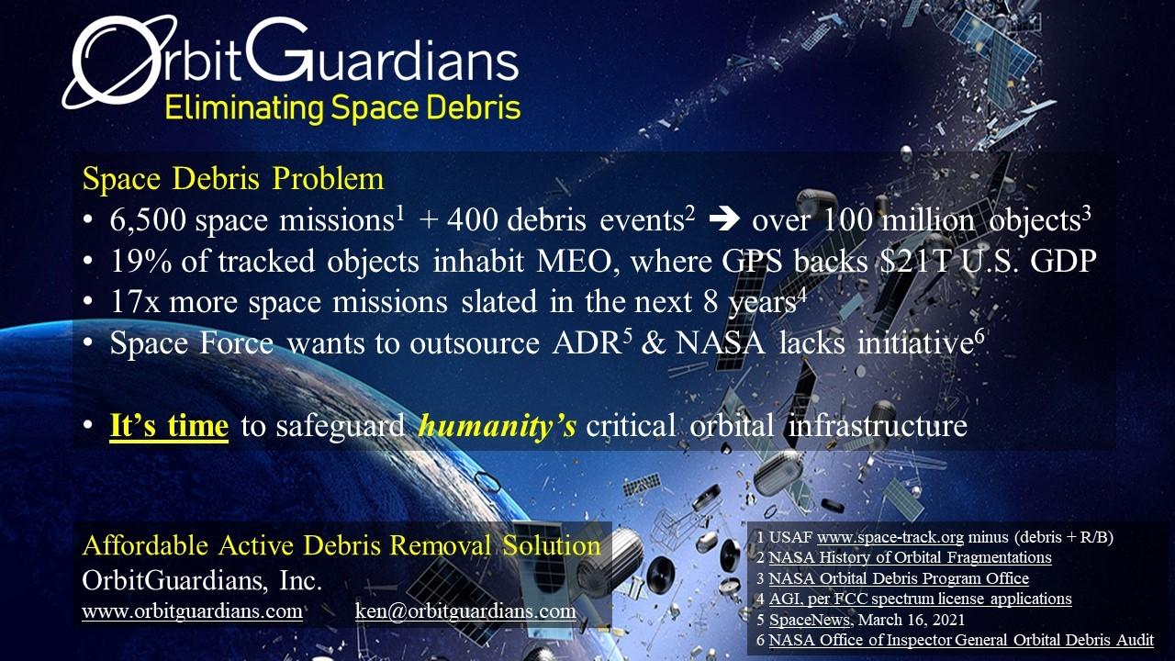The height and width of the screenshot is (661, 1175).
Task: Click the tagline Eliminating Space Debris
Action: coord(342,108)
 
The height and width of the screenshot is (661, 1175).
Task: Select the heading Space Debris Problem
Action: coord(233,179)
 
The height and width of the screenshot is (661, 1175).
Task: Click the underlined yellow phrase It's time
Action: coord(169,426)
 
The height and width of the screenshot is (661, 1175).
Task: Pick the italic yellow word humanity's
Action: coord(498,426)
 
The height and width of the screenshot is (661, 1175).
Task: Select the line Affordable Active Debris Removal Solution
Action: coord(341,545)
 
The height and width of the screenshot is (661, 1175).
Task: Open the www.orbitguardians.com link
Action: coord(192,611)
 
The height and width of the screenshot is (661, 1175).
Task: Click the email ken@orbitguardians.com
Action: coord(465,611)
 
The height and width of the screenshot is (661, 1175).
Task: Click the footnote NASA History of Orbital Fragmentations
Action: coord(910,557)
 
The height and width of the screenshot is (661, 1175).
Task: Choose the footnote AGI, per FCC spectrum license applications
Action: coord(920,599)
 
